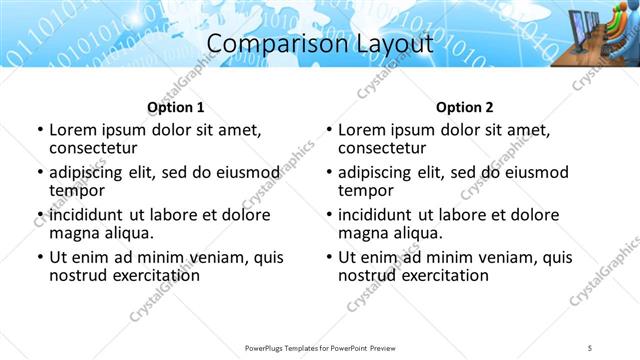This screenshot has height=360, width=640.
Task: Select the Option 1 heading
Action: click(175, 107)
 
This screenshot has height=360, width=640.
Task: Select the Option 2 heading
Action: click(465, 107)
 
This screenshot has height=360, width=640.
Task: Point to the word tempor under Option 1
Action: click(75, 190)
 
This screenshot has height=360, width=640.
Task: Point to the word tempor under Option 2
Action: click(364, 190)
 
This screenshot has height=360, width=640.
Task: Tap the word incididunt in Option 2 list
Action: click(380, 215)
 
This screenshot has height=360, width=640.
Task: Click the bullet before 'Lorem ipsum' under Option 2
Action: click(329, 130)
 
